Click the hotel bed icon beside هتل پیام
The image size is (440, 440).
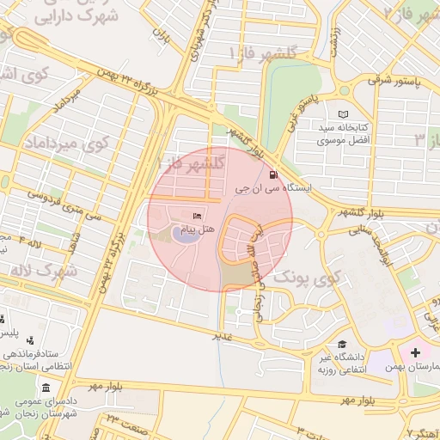click(197, 216)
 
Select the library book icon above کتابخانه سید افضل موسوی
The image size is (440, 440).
click(345, 114)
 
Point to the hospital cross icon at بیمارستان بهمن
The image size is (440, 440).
click(416, 352)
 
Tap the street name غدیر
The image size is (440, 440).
click(223, 337)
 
